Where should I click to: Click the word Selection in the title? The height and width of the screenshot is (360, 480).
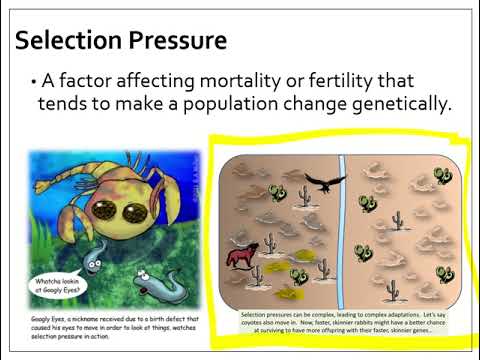click(68, 41)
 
